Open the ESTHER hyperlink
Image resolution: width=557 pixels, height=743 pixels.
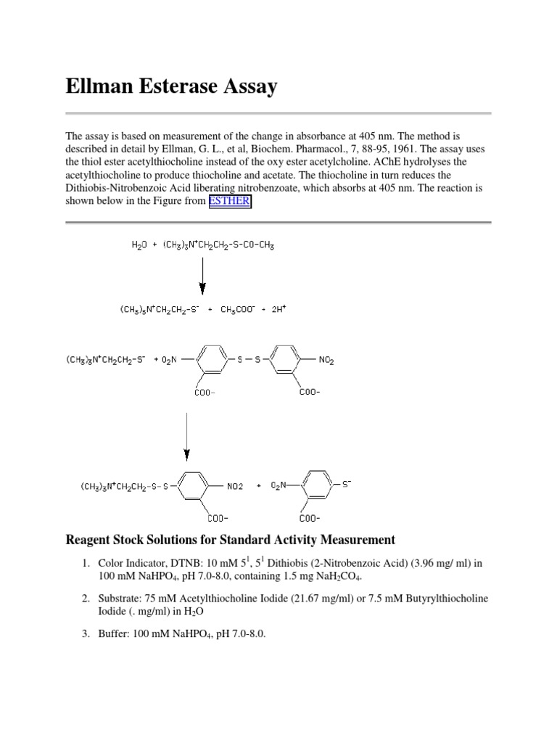(x=229, y=202)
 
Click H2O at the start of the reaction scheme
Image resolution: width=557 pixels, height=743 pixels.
(x=139, y=245)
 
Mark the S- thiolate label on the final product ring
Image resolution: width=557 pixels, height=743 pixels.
(x=346, y=483)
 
